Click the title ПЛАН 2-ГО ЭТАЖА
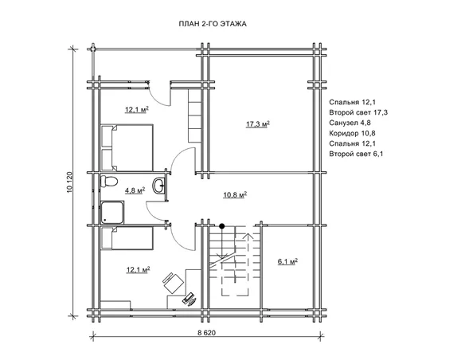point(213,24)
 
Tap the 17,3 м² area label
point(258,123)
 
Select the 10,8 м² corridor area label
point(235,195)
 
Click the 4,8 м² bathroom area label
point(135,190)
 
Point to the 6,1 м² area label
point(287,261)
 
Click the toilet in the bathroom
point(108,181)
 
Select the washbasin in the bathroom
point(158,186)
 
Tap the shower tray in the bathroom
point(112,213)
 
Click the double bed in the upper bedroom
point(127,147)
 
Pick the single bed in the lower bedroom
point(127,238)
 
